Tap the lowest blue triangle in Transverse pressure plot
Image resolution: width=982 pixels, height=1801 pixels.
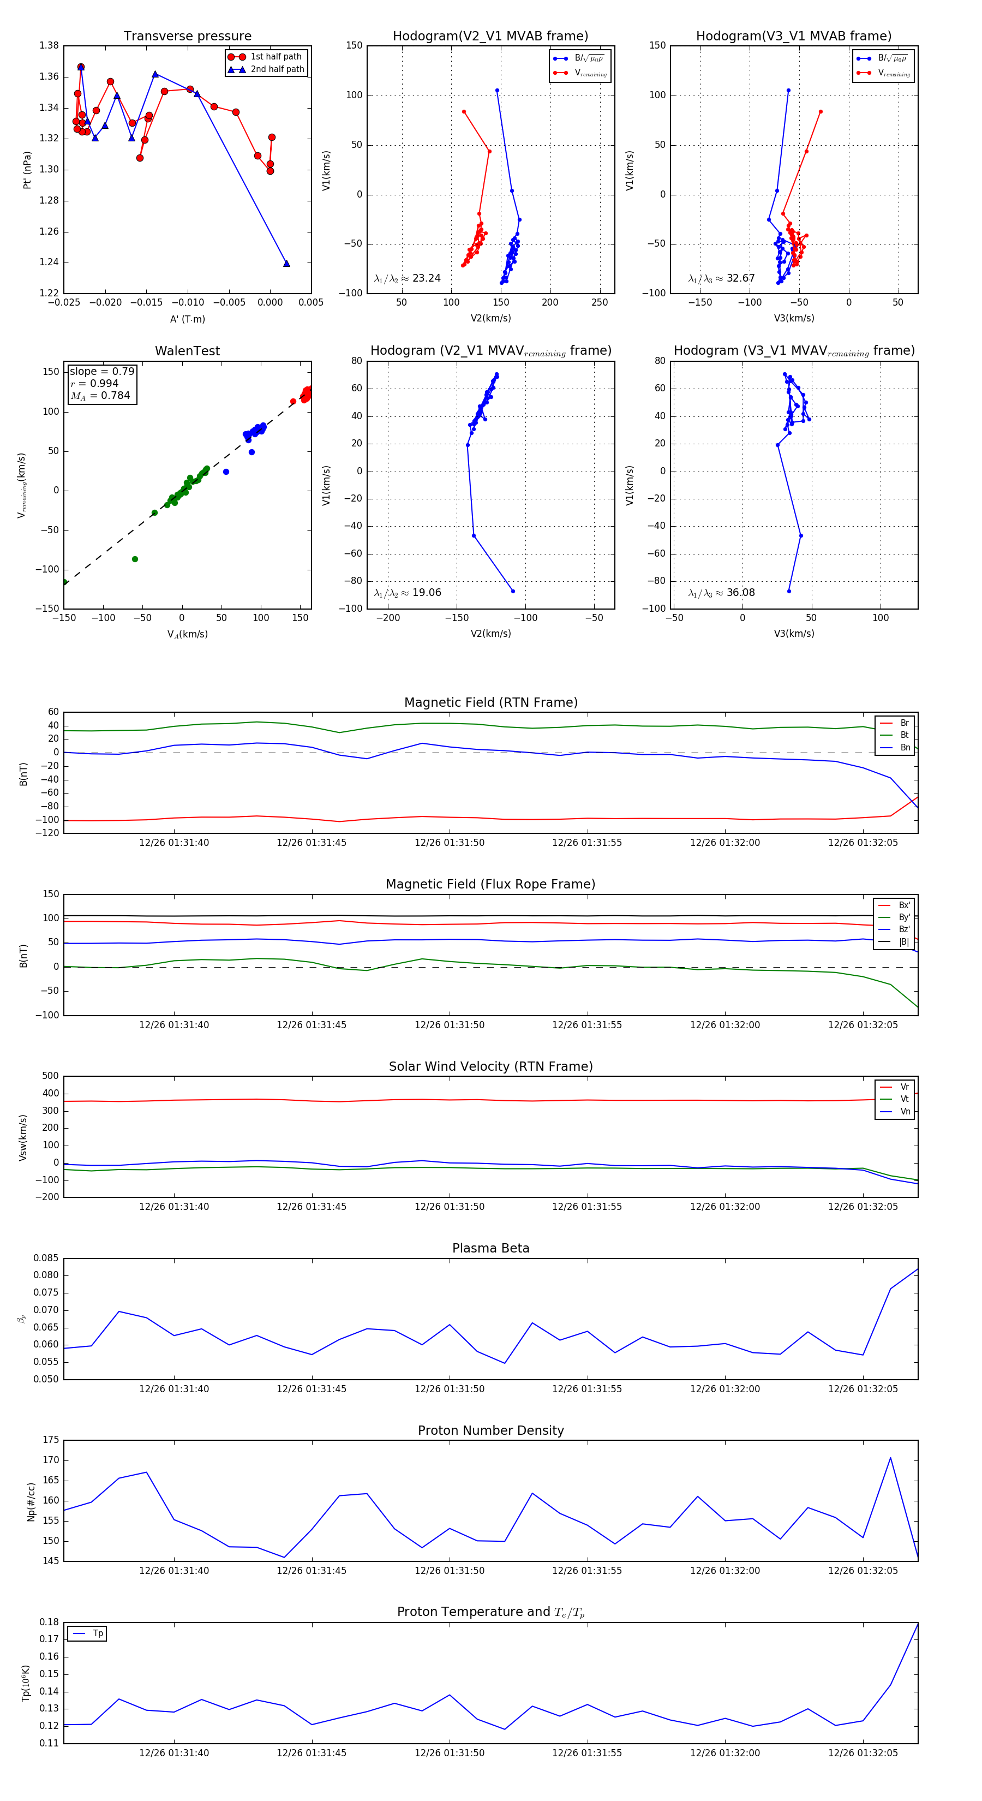(286, 264)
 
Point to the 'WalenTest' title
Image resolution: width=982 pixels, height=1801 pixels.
(187, 351)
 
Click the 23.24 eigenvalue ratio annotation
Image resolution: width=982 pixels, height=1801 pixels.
(408, 278)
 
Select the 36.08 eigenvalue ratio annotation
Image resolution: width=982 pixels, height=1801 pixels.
(721, 593)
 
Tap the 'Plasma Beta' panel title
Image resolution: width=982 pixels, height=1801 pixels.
(490, 1248)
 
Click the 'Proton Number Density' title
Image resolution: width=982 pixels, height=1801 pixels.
(490, 1430)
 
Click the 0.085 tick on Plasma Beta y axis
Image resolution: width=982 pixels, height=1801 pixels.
(46, 1259)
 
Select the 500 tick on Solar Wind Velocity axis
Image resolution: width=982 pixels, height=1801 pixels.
(50, 1076)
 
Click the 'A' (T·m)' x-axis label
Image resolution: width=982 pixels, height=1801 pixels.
(187, 319)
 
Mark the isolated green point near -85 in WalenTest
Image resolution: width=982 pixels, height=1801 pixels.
(135, 559)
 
